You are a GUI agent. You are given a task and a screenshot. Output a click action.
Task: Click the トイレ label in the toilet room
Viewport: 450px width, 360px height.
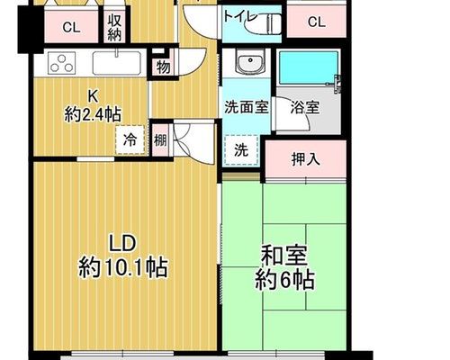point(241,17)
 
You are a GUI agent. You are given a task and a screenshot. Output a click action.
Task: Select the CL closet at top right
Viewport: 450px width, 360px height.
point(317,22)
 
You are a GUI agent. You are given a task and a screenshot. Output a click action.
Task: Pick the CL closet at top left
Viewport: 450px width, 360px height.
point(71,28)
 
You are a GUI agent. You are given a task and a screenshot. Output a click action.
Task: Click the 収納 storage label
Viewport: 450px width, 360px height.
point(114,28)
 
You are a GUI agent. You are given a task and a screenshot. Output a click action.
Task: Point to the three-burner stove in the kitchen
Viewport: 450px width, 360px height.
point(62,63)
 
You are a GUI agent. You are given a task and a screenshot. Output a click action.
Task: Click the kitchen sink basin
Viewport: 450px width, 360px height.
point(117,63)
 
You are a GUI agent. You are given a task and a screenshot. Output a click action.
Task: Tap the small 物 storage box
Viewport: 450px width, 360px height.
point(163,67)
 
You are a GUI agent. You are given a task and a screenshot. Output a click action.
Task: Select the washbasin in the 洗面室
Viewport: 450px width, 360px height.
point(250,61)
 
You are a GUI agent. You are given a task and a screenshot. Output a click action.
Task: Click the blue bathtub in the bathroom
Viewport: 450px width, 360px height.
point(309,67)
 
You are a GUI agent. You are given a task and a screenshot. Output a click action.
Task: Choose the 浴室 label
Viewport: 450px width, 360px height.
point(305,107)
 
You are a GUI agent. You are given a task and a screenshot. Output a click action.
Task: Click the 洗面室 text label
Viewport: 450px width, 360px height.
point(247,107)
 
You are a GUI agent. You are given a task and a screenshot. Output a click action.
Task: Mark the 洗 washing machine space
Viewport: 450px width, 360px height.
point(241,150)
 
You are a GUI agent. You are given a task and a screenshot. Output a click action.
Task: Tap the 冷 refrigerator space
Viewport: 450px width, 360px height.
point(130,139)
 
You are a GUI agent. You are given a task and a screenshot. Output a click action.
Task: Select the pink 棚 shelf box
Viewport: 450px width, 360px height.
point(160,140)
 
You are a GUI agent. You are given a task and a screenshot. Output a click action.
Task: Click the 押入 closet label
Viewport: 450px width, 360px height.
point(306,159)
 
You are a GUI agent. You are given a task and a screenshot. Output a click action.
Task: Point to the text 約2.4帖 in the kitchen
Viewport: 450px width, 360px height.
point(93,114)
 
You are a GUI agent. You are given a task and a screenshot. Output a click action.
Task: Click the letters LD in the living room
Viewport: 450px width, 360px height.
point(122,244)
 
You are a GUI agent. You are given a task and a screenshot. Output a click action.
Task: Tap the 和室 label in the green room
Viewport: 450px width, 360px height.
point(284,256)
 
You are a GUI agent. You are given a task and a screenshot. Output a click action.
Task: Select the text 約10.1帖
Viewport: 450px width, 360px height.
point(122,268)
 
